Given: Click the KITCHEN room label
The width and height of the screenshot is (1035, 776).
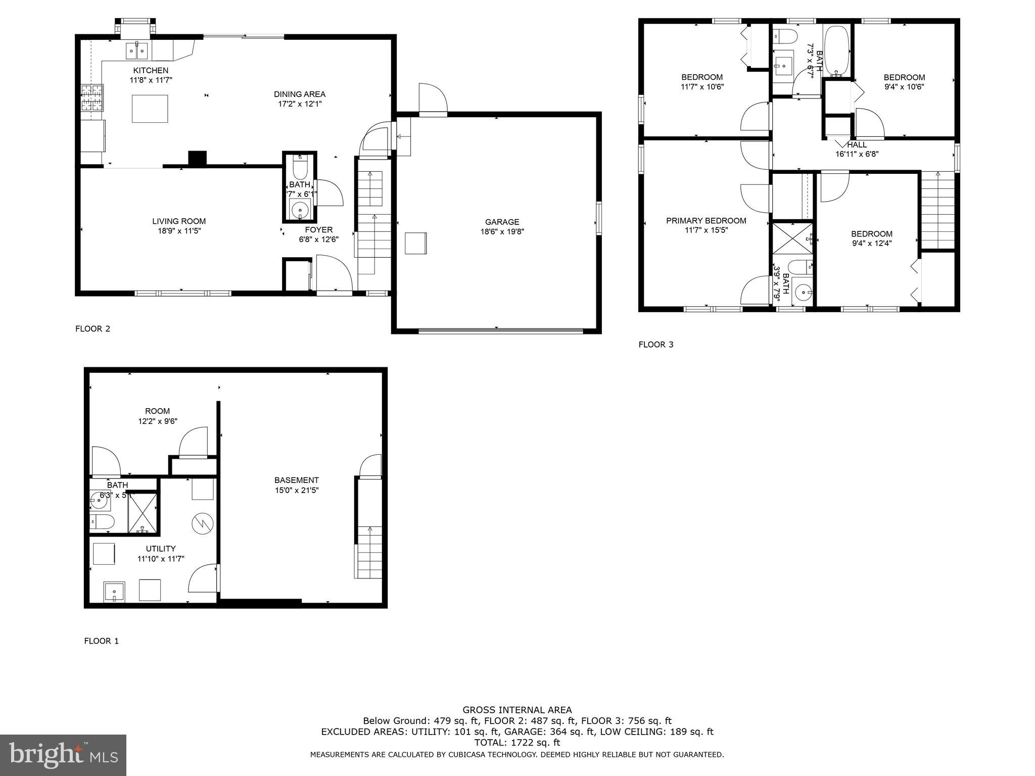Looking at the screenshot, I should (x=151, y=70).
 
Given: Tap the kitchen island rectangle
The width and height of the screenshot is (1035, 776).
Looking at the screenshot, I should (x=150, y=109).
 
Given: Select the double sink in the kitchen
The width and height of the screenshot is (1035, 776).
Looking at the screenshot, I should (x=136, y=51).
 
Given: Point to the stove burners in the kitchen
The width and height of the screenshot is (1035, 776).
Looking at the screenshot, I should (x=92, y=98).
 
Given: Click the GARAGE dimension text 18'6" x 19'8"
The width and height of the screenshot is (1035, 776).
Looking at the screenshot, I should (x=502, y=232).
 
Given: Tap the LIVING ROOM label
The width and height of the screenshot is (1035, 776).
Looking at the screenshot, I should (x=179, y=221).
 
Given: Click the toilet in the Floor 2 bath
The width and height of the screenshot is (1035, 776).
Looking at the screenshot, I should (x=300, y=168).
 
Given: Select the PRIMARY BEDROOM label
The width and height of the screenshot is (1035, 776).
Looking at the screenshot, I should (x=705, y=221).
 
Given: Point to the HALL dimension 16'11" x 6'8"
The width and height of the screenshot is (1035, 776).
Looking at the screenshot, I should (x=857, y=154).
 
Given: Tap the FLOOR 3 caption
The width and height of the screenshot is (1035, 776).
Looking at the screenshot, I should (x=655, y=345).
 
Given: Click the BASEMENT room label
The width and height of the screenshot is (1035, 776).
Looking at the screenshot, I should (x=297, y=480).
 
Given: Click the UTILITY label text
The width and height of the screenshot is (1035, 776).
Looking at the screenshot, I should (x=161, y=549).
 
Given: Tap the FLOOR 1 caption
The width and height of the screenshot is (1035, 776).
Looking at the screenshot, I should (x=101, y=641).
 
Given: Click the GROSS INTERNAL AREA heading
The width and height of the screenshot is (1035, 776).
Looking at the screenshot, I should (x=517, y=710).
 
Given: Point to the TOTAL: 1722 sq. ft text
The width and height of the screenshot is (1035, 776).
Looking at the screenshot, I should (x=517, y=743).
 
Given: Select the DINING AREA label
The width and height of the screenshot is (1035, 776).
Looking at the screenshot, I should (x=300, y=94).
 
